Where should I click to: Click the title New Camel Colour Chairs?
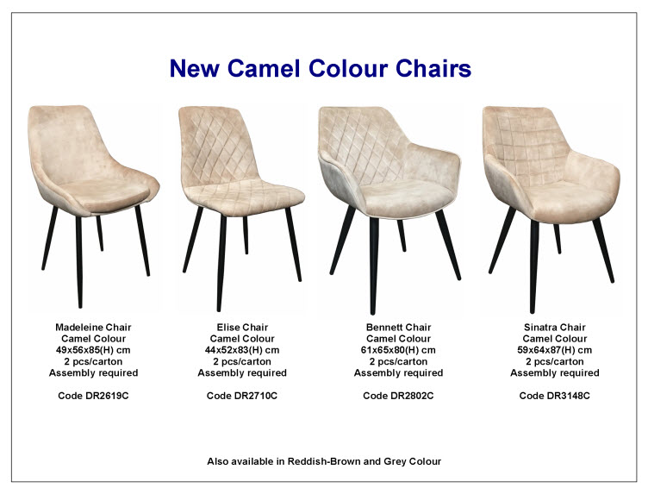tap(321, 69)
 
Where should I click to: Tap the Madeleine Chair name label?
tap(93, 328)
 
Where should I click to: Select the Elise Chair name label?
tap(242, 328)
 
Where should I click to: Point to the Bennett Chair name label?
tap(398, 328)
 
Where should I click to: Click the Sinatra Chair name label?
tap(555, 328)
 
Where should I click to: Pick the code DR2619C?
tap(93, 396)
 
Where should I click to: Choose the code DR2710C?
tap(242, 396)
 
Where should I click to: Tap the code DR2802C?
tap(398, 396)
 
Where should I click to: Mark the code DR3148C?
tap(555, 396)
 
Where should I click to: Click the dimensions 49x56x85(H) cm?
tap(93, 350)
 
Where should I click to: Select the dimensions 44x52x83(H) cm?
tap(242, 350)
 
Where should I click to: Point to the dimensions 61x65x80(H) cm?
tap(398, 350)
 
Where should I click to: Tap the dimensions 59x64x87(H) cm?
tap(555, 350)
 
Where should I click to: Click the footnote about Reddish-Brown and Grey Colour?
tap(324, 461)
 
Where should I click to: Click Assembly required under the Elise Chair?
tap(242, 373)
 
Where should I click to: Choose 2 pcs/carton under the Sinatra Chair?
tap(555, 362)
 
